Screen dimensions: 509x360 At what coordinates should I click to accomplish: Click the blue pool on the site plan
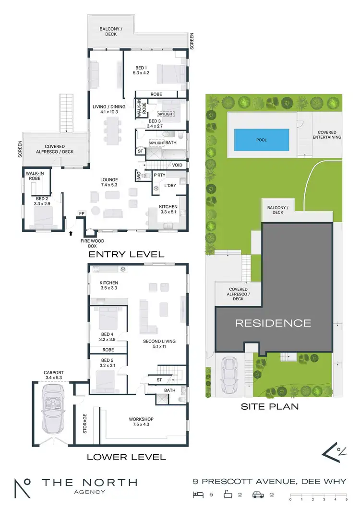262,140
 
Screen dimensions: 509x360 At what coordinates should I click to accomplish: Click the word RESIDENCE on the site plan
273,323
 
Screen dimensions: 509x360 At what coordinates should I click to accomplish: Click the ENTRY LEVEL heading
126,254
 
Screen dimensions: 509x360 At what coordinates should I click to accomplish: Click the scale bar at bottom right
318,495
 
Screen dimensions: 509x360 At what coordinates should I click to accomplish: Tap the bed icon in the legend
196,494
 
